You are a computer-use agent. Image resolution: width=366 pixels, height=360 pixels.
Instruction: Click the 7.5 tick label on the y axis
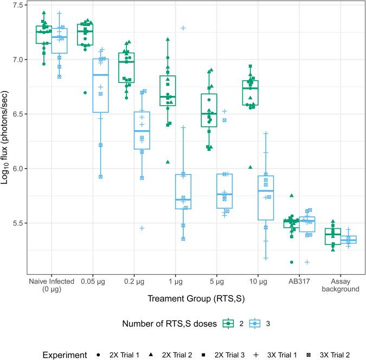[x=19, y=5]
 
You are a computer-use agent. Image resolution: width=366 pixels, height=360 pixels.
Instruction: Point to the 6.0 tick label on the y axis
[x=19, y=169]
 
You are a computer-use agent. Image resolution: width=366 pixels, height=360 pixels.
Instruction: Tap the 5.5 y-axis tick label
[x=19, y=223]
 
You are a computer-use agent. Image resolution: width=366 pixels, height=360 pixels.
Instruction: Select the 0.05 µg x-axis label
[x=93, y=281]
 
